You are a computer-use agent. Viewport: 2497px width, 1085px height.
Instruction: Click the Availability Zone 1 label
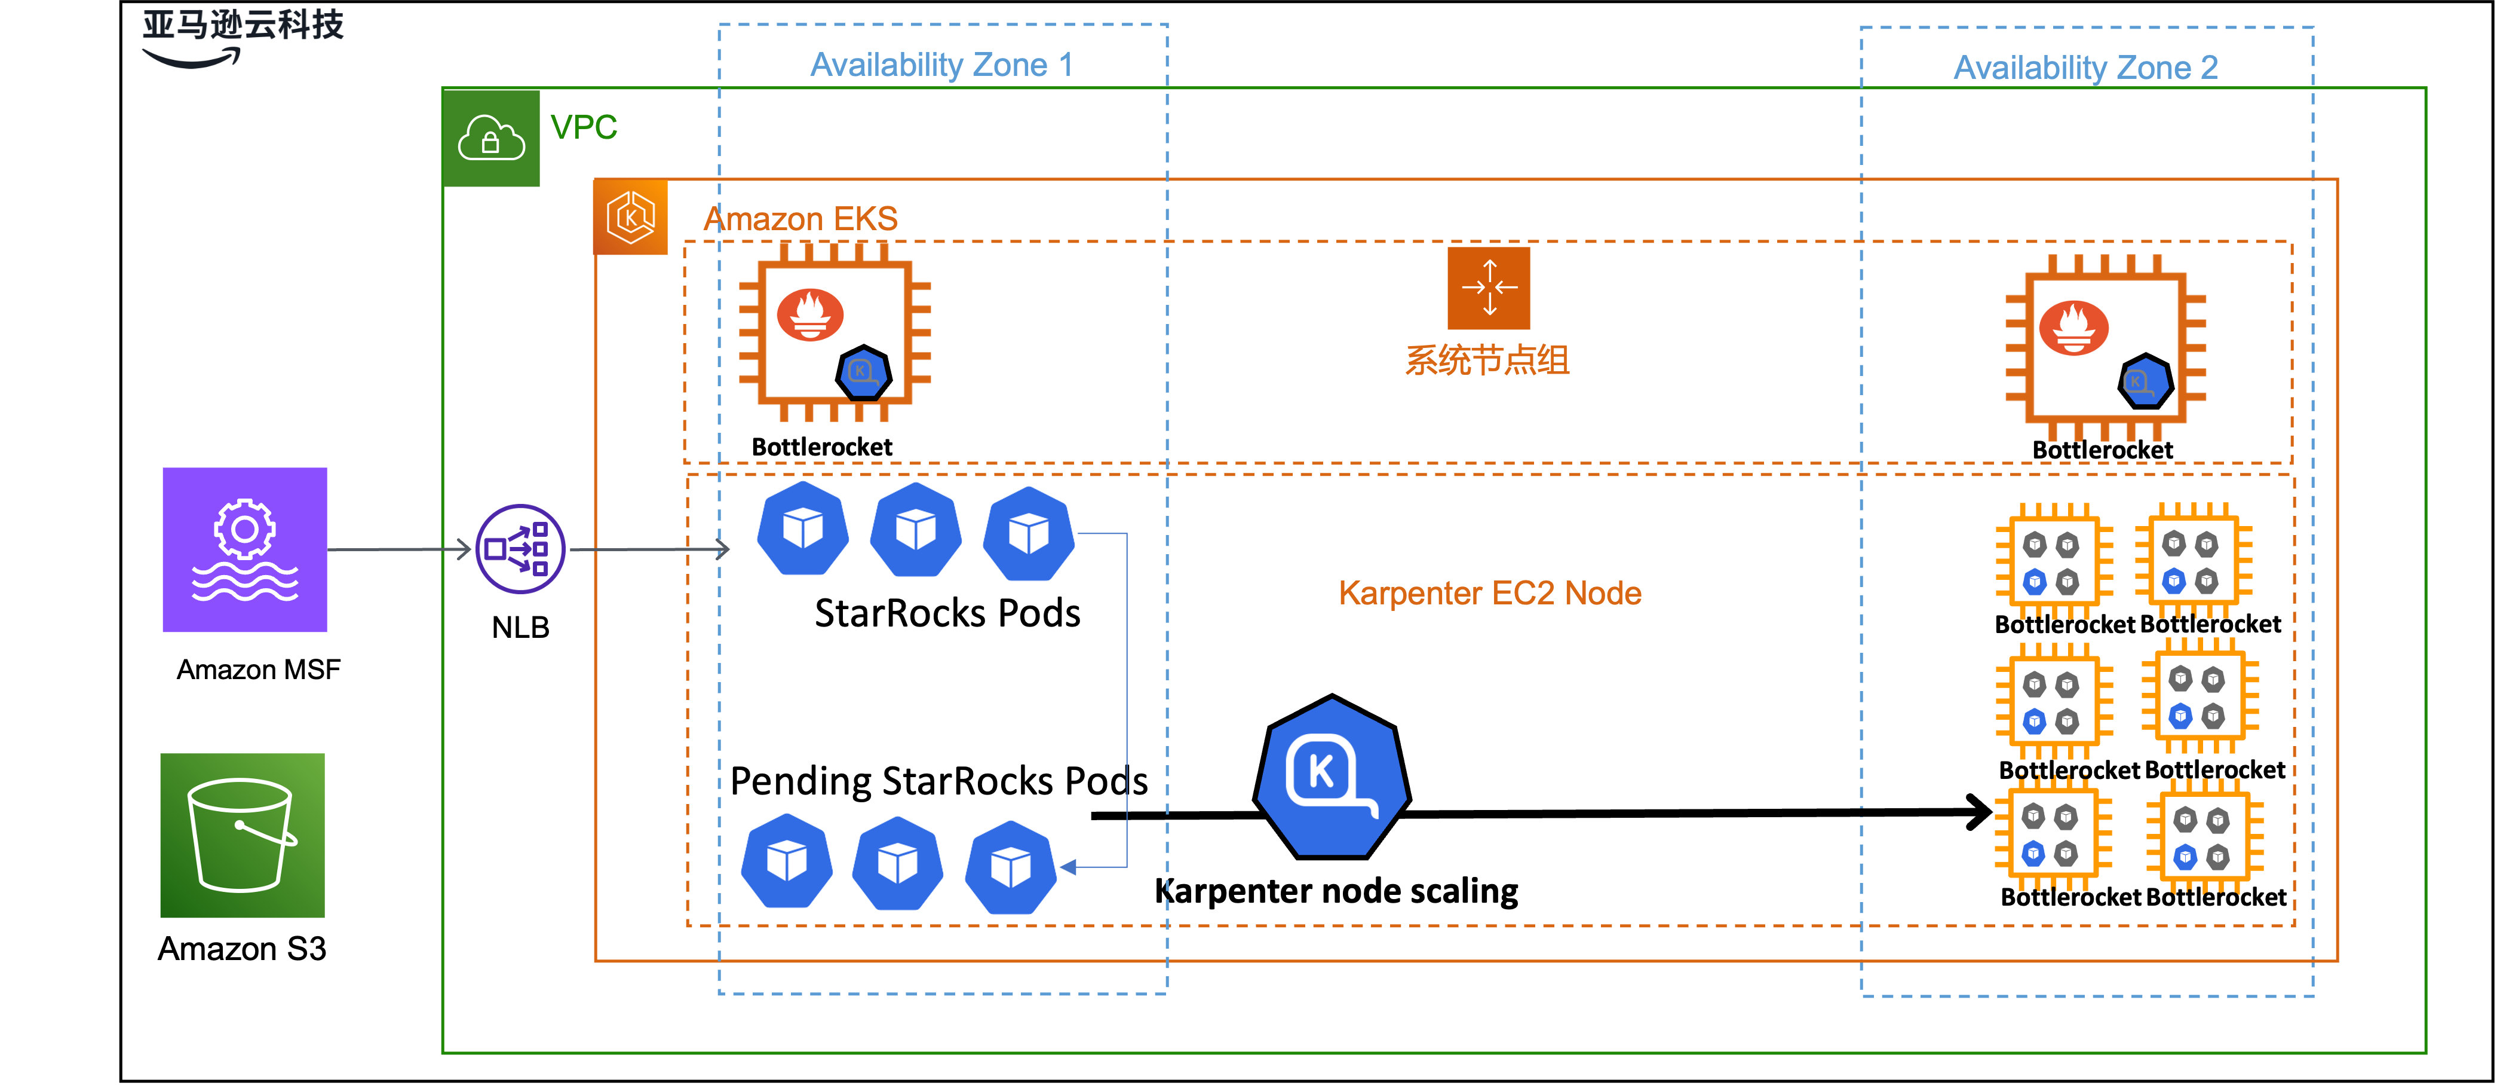tap(941, 65)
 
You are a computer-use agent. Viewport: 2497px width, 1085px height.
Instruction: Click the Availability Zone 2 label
tap(2085, 68)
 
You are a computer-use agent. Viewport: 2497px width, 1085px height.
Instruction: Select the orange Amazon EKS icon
tap(631, 217)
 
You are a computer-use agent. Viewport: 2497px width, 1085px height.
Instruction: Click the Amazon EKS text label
tap(800, 219)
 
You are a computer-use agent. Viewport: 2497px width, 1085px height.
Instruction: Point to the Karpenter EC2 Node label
tap(1490, 594)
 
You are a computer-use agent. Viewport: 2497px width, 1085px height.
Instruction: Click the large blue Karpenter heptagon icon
tap(1332, 778)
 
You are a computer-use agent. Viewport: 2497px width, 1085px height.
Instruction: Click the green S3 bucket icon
tap(243, 836)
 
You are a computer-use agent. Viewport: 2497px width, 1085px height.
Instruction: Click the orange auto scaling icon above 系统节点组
tap(1488, 288)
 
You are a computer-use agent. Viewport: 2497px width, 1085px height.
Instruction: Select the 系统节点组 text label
tap(1487, 360)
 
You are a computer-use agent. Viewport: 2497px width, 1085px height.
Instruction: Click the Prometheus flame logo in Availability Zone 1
tap(811, 315)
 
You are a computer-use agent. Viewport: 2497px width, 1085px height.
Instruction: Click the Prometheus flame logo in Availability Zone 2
tap(2073, 328)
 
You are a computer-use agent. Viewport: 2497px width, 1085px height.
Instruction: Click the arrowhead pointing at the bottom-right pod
tap(1068, 867)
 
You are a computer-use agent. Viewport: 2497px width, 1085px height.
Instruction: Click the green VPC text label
tap(584, 127)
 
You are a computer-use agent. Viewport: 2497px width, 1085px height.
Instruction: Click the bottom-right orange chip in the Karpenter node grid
tap(2204, 838)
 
